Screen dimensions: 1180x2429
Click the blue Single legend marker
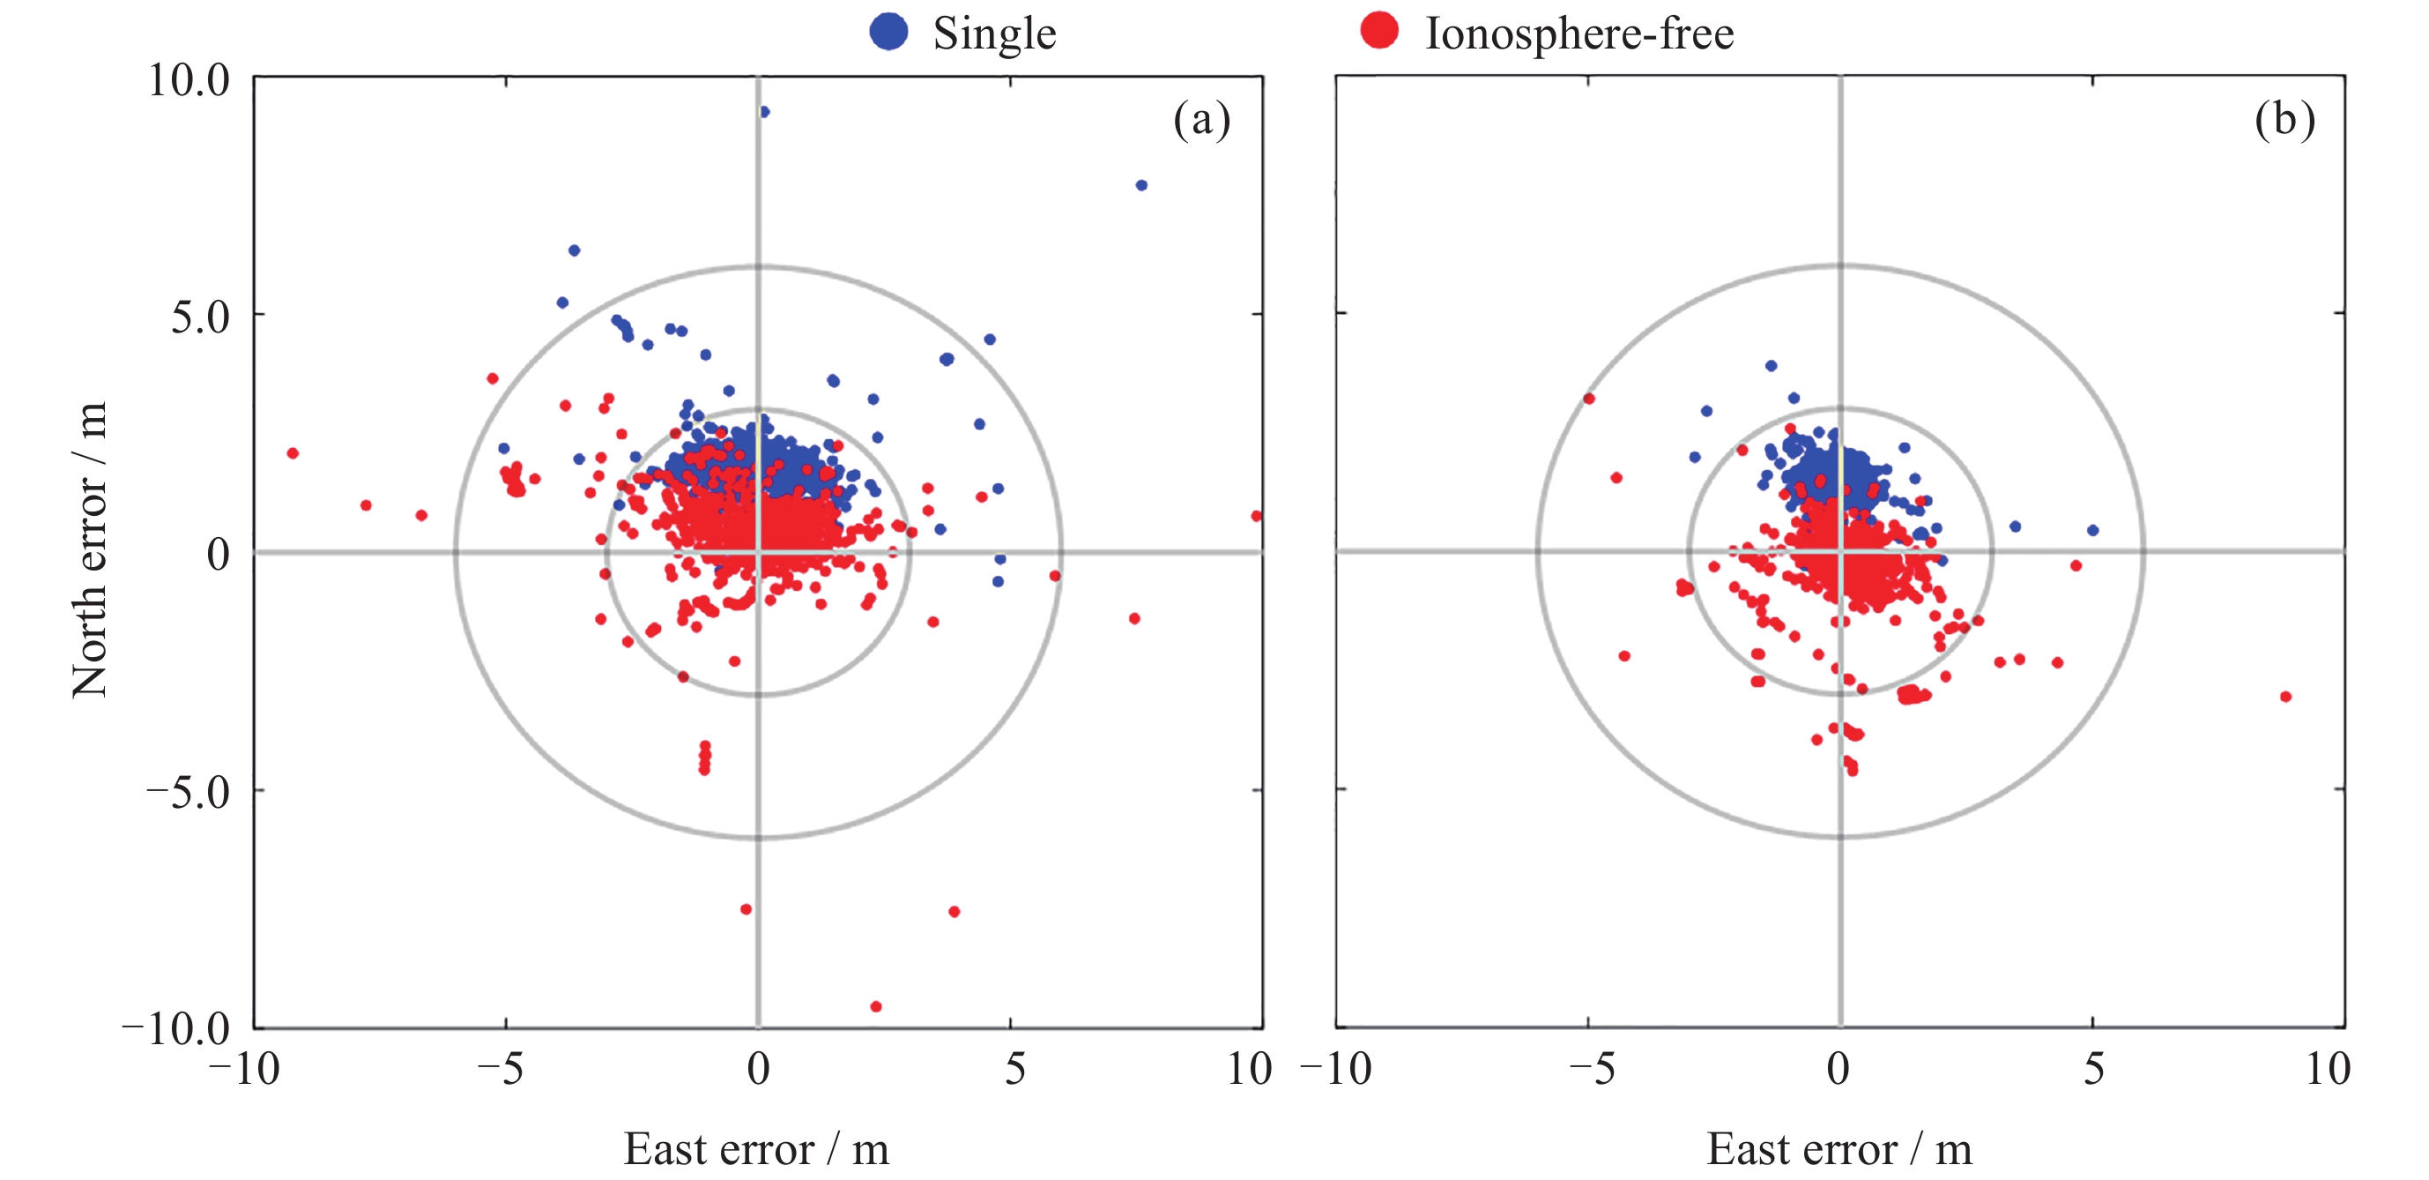coord(888,31)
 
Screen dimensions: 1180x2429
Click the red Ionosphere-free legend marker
coord(1378,31)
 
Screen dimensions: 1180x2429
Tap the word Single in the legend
coord(994,34)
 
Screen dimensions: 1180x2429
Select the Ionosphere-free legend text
coord(1578,34)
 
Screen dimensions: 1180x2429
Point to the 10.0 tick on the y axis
coord(189,79)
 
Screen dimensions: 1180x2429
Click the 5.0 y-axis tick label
coord(200,317)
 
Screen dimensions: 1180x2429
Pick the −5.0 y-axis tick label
coord(188,791)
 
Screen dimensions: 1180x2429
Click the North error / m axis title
coord(90,551)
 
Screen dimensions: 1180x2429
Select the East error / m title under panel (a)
coord(756,1149)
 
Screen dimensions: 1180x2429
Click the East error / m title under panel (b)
coord(1838,1149)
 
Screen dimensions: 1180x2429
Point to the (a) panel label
coord(1201,120)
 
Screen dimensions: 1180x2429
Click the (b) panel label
coord(2284,120)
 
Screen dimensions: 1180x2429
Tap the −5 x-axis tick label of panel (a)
coord(500,1069)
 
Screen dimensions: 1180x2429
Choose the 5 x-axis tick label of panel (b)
coord(2093,1069)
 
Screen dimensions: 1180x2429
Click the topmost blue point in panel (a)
coord(764,111)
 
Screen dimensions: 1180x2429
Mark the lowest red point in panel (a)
coord(875,1006)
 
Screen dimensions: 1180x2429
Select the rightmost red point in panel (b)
coord(2285,697)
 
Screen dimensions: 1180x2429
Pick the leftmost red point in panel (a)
coord(293,453)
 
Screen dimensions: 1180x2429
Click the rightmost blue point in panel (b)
coord(2092,530)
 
